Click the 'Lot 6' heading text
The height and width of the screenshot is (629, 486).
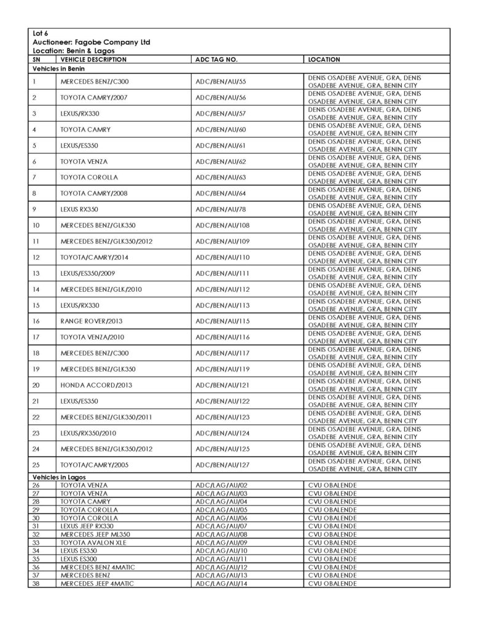41,33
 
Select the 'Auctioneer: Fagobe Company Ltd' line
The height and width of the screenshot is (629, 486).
92,42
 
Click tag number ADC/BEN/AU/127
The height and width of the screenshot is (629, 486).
221,465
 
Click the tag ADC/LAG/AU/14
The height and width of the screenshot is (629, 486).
221,584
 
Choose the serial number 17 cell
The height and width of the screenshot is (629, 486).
36,337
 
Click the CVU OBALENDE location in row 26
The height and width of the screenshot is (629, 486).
332,485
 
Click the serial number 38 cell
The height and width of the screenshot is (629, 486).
36,584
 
